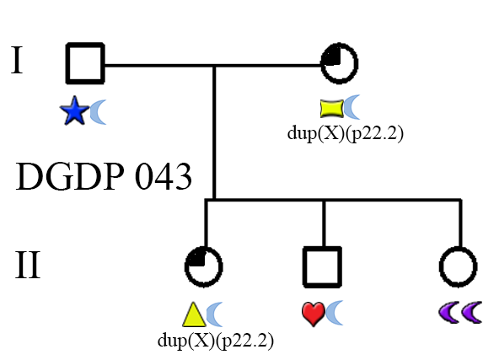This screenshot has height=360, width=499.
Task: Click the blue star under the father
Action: coord(74,111)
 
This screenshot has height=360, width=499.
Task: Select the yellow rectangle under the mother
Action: coord(331,109)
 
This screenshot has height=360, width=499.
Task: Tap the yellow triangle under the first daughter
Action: coord(194,314)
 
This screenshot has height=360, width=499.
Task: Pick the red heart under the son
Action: coord(314,314)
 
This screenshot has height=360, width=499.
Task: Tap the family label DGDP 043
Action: coord(104,176)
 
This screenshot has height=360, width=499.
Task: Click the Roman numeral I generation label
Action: coord(17,60)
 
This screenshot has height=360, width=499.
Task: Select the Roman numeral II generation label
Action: coord(28,265)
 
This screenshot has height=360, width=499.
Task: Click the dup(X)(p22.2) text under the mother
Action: coord(346,133)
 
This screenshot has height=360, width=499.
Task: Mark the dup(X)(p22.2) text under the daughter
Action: coord(216,341)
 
